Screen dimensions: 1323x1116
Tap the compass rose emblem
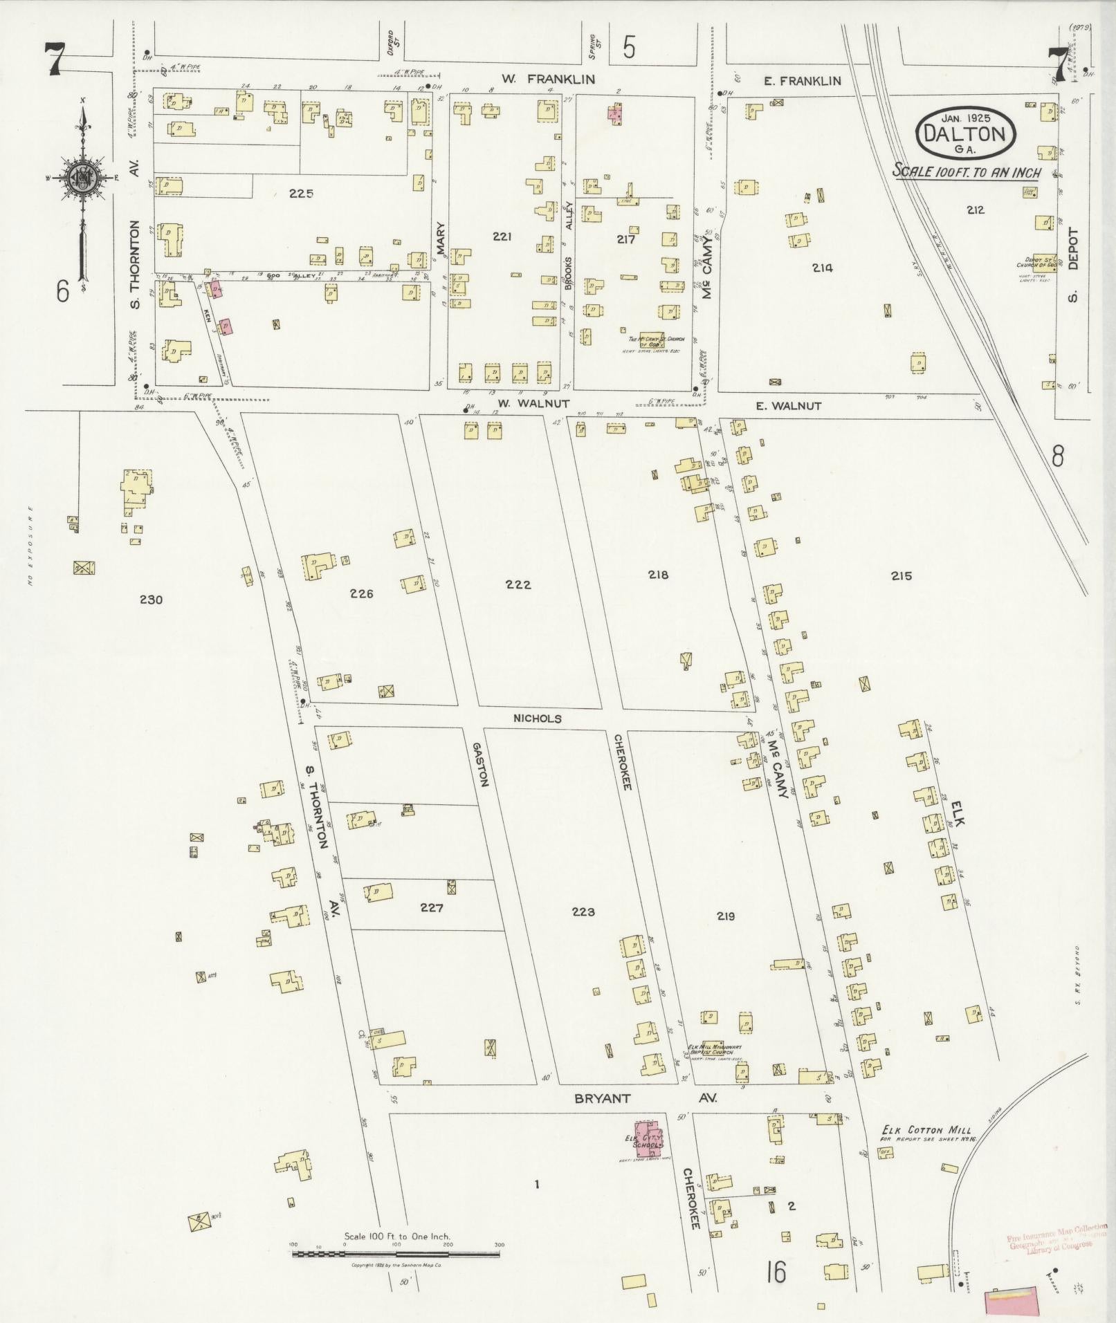tap(82, 179)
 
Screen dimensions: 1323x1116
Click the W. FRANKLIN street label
tap(548, 80)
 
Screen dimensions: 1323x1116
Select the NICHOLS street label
tap(538, 719)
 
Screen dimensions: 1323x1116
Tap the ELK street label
tap(957, 814)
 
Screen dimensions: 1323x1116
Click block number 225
tap(301, 194)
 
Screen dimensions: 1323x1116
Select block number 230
tap(150, 600)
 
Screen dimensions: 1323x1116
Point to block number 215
tap(902, 575)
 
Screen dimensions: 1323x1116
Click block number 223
tap(583, 912)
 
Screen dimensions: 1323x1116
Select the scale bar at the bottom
tap(398, 1253)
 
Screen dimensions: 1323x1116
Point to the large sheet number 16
tap(776, 1272)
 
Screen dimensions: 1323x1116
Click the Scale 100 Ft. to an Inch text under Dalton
tap(966, 171)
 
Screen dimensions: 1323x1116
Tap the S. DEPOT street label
tap(1073, 266)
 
